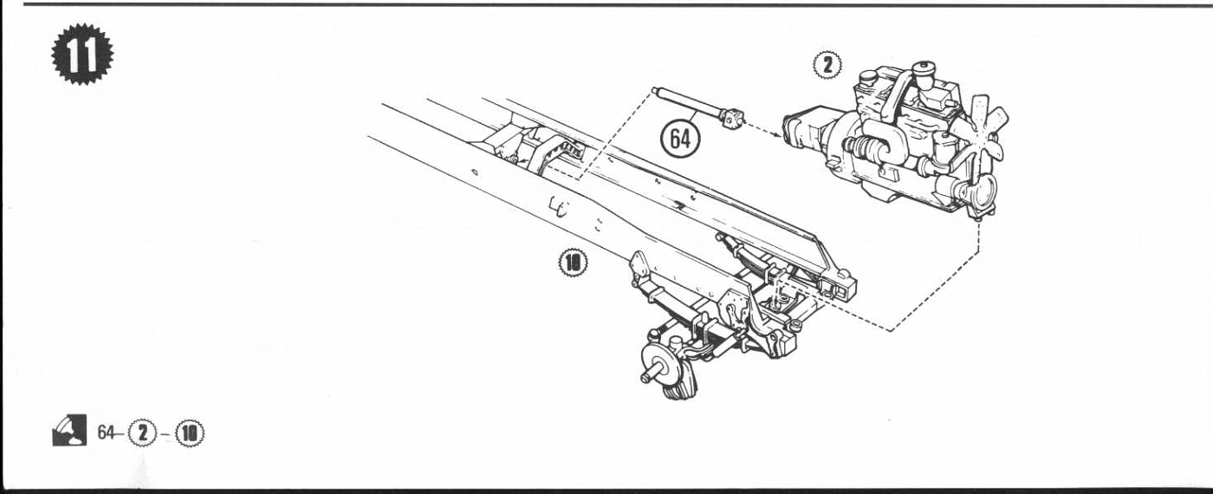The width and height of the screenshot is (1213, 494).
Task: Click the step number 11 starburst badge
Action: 82,54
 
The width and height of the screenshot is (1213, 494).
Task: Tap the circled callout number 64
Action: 680,139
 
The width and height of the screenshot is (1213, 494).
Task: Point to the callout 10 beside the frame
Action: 573,263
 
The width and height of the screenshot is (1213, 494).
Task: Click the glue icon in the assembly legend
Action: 69,430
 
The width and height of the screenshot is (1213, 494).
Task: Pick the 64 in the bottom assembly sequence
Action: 106,432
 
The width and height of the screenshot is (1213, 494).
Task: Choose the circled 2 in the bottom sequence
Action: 142,433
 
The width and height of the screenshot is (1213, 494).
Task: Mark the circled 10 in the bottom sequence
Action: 190,433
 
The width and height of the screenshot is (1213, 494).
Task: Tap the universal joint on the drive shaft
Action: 732,116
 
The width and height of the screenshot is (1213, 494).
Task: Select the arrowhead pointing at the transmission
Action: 779,133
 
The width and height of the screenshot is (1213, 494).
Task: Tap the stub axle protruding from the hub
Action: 650,374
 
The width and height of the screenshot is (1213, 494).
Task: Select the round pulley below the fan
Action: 979,192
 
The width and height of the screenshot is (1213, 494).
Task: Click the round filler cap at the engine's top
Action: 924,68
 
